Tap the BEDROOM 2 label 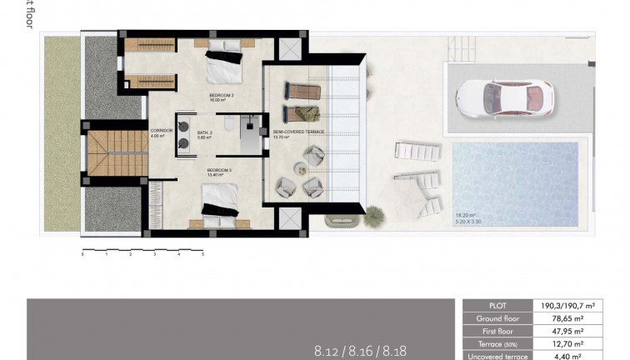pyautogui.click(x=220, y=97)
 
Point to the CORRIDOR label pyautogui.click(x=161, y=131)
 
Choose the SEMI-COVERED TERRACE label pyautogui.click(x=298, y=132)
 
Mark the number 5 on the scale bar pyautogui.click(x=202, y=255)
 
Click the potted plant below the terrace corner pyautogui.click(x=337, y=220)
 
